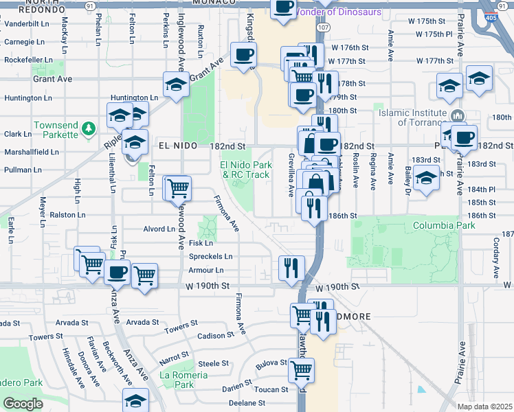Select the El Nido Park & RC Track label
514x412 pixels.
point(244,170)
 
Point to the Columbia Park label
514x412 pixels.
point(444,225)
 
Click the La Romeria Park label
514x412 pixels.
point(183,380)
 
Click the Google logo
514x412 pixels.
point(23,404)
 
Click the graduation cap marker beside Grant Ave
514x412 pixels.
point(177,85)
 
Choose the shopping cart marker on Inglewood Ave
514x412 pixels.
point(177,187)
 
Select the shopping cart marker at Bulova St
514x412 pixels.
point(301,369)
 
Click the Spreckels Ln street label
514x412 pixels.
point(210,257)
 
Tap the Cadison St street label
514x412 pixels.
point(216,336)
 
